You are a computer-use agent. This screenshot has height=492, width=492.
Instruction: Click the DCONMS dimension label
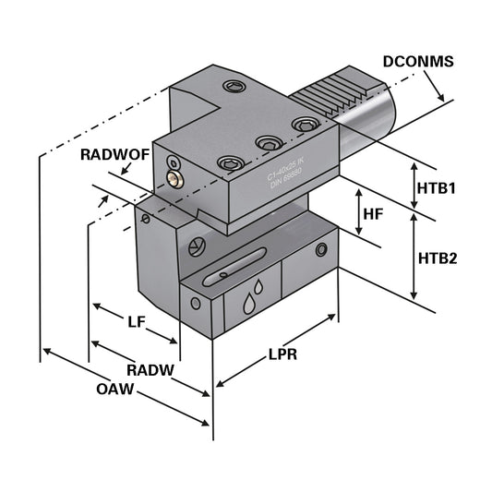[417, 62]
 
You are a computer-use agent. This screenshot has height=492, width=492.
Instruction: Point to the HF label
[372, 214]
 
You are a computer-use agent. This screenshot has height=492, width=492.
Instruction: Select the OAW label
[116, 390]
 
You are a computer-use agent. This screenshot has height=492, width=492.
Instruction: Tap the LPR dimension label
[282, 354]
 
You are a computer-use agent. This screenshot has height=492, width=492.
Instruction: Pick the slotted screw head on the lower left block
[194, 246]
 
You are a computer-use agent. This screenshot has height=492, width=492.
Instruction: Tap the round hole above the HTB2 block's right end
[320, 250]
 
